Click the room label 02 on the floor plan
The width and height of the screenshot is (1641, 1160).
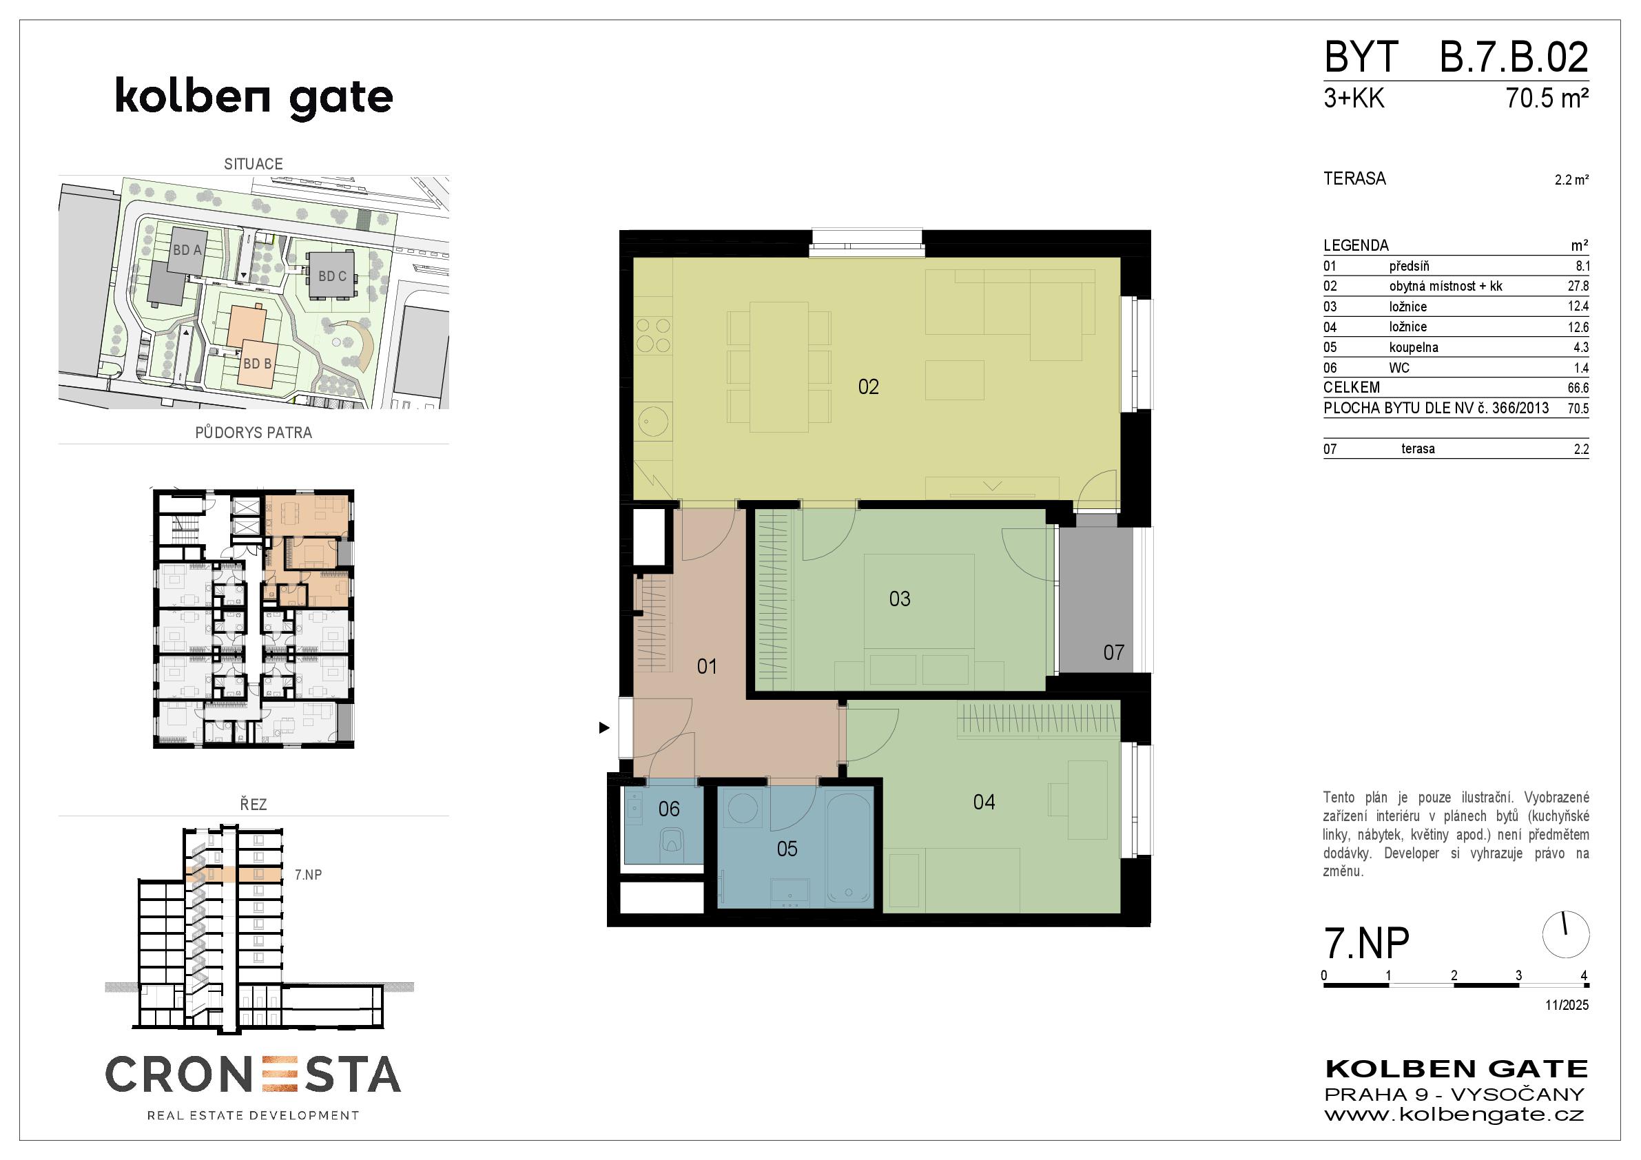pyautogui.click(x=869, y=387)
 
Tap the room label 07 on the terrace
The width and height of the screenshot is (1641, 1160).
pyautogui.click(x=1113, y=652)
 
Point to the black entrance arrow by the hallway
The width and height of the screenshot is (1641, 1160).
pyautogui.click(x=605, y=727)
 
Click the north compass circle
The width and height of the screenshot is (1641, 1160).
pyautogui.click(x=1566, y=935)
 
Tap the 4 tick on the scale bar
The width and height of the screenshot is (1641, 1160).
pyautogui.click(x=1584, y=975)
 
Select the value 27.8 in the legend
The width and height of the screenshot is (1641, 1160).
pyautogui.click(x=1578, y=286)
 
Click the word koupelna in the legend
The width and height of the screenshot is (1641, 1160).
pyautogui.click(x=1414, y=347)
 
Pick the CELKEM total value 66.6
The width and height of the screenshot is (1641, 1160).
pyautogui.click(x=1578, y=388)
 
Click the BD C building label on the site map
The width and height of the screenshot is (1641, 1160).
pyautogui.click(x=332, y=276)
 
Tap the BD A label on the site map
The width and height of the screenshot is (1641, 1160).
pyautogui.click(x=187, y=250)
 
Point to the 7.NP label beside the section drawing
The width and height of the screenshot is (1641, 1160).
pyautogui.click(x=308, y=875)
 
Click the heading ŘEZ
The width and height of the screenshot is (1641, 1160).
pyautogui.click(x=253, y=804)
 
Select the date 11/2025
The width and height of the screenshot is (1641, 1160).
pyautogui.click(x=1567, y=1005)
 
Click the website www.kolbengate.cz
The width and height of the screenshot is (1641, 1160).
pyautogui.click(x=1454, y=1115)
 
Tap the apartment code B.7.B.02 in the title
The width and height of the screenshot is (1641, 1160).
pyautogui.click(x=1514, y=57)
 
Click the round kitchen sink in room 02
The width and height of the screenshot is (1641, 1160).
pyautogui.click(x=652, y=421)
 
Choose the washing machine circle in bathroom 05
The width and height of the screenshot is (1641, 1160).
pyautogui.click(x=743, y=811)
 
